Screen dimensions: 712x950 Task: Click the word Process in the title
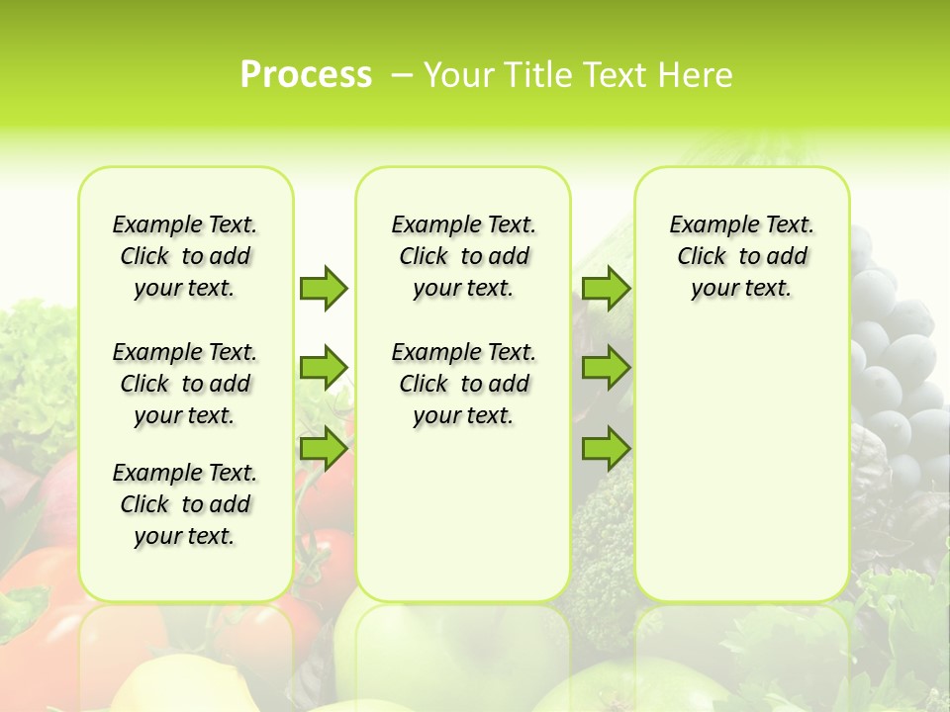point(306,74)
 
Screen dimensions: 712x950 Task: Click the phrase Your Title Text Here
point(578,75)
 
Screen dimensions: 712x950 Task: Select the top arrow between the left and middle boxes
point(324,288)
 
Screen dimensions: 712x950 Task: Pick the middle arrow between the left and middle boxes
point(324,368)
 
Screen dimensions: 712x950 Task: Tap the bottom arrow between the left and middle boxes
point(324,448)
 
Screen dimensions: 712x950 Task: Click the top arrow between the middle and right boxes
point(606,288)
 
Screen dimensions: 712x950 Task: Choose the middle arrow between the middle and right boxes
point(606,368)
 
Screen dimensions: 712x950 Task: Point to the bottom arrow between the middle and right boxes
point(606,448)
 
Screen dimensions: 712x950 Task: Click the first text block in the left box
point(185,256)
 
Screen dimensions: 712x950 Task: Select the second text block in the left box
point(185,384)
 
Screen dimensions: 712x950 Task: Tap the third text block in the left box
point(185,504)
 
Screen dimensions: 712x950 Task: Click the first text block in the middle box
point(463,256)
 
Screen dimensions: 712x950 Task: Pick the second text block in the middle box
point(463,384)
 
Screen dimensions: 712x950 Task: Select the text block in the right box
point(741,256)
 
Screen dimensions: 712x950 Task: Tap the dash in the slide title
point(402,75)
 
